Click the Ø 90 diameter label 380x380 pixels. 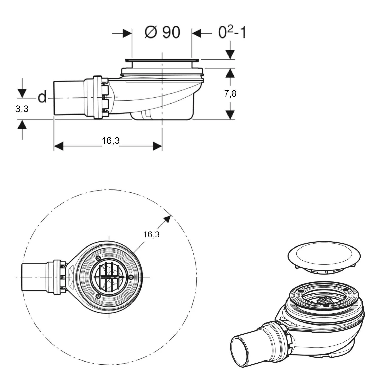(x=162, y=32)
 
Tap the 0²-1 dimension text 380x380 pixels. (x=232, y=32)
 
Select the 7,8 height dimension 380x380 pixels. (x=230, y=94)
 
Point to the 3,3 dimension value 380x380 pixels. (x=22, y=109)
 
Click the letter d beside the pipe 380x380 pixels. (x=42, y=97)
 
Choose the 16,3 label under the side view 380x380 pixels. (x=111, y=140)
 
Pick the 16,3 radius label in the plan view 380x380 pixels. (x=151, y=234)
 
